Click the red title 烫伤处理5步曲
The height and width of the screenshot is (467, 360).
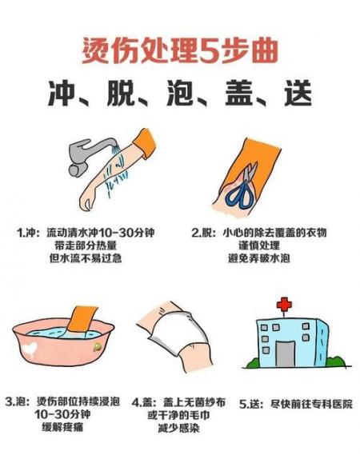click(x=180, y=50)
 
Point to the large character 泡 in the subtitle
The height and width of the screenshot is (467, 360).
click(x=180, y=93)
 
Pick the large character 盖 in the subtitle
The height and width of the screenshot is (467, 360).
click(x=239, y=93)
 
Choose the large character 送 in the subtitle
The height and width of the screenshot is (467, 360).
click(x=298, y=93)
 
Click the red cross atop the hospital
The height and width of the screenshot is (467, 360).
click(x=284, y=305)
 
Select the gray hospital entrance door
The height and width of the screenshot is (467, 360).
click(x=285, y=353)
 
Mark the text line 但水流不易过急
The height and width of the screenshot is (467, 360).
click(x=86, y=258)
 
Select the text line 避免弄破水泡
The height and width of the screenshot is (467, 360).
click(x=259, y=258)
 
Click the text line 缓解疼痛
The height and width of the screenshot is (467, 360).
click(x=62, y=427)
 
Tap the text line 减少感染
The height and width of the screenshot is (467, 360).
click(x=178, y=428)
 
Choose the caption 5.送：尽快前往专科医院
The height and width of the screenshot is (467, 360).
click(x=296, y=404)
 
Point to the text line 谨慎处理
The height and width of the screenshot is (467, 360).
click(x=259, y=245)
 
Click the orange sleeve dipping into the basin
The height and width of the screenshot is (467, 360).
click(x=82, y=319)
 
